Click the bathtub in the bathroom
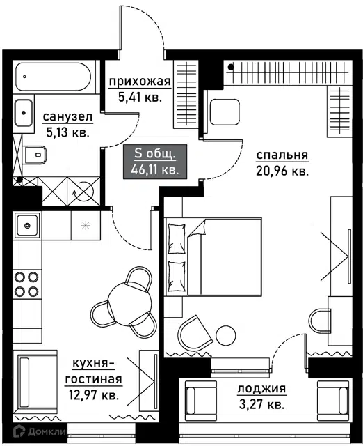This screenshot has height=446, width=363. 54,77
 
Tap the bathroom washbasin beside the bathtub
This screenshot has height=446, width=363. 24,113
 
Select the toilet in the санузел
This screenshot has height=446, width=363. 34,155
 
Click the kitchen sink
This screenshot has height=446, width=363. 27,226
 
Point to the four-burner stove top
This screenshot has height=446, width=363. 26,284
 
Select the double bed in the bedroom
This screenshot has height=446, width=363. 213,257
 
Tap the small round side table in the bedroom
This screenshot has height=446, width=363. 225,335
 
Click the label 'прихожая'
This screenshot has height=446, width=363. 140,82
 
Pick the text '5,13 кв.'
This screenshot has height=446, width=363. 68,132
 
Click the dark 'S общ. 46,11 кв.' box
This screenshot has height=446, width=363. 155,162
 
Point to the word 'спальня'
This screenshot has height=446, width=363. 282,155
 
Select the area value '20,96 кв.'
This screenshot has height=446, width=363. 282,171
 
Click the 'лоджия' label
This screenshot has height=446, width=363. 261,389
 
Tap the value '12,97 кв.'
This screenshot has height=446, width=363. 94,395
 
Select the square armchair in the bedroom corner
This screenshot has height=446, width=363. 225,112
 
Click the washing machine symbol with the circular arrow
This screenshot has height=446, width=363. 83,192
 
